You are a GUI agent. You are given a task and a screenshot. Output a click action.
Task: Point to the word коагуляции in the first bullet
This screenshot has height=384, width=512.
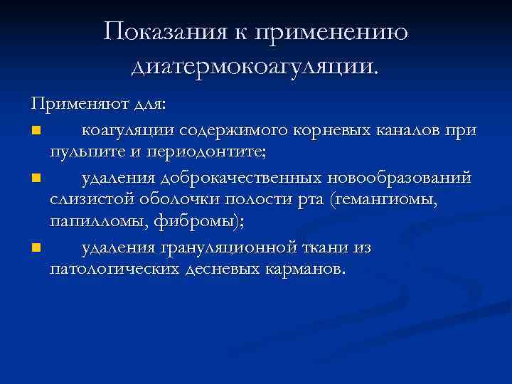tap(130, 131)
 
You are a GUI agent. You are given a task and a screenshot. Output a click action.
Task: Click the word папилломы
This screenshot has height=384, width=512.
tap(92, 220)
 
